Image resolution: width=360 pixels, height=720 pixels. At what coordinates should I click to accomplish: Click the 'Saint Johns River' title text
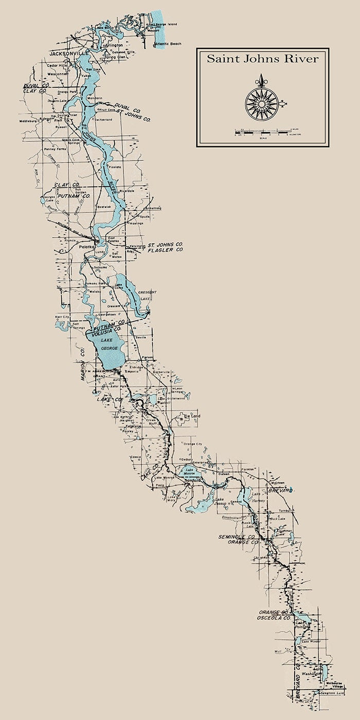tap(262, 59)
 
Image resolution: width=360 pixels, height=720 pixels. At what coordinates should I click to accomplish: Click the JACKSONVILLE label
tap(69, 53)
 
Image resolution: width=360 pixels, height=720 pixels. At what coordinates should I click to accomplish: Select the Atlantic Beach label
tap(170, 50)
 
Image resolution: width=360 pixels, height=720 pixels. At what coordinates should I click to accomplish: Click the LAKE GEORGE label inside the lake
tap(107, 345)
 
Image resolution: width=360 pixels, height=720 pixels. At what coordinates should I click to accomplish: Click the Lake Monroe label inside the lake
tap(190, 470)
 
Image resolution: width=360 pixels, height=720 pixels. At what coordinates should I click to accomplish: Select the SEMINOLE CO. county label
tap(237, 537)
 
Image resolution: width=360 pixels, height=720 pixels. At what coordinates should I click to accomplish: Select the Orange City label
tap(192, 444)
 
